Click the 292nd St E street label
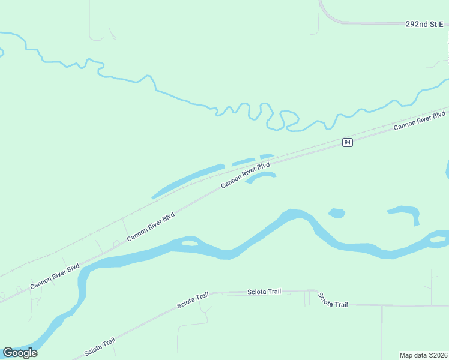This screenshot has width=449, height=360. pos(424,24)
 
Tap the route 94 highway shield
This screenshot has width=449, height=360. pos(348,142)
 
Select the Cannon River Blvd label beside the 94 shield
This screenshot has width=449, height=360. pos(420,120)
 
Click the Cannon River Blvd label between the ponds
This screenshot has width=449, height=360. pos(246,175)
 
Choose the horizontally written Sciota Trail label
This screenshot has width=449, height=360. pos(264,292)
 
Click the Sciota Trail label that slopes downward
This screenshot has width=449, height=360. pos(333,300)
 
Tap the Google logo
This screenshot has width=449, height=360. pos(20,353)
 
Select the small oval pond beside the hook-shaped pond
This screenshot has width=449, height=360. pos(337,212)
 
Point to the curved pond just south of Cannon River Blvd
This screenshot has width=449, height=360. pos(262,176)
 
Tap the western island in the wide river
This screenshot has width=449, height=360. pos(189,243)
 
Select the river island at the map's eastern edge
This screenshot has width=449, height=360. pos(439,240)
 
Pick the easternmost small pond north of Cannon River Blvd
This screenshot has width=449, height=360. pos(267,156)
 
